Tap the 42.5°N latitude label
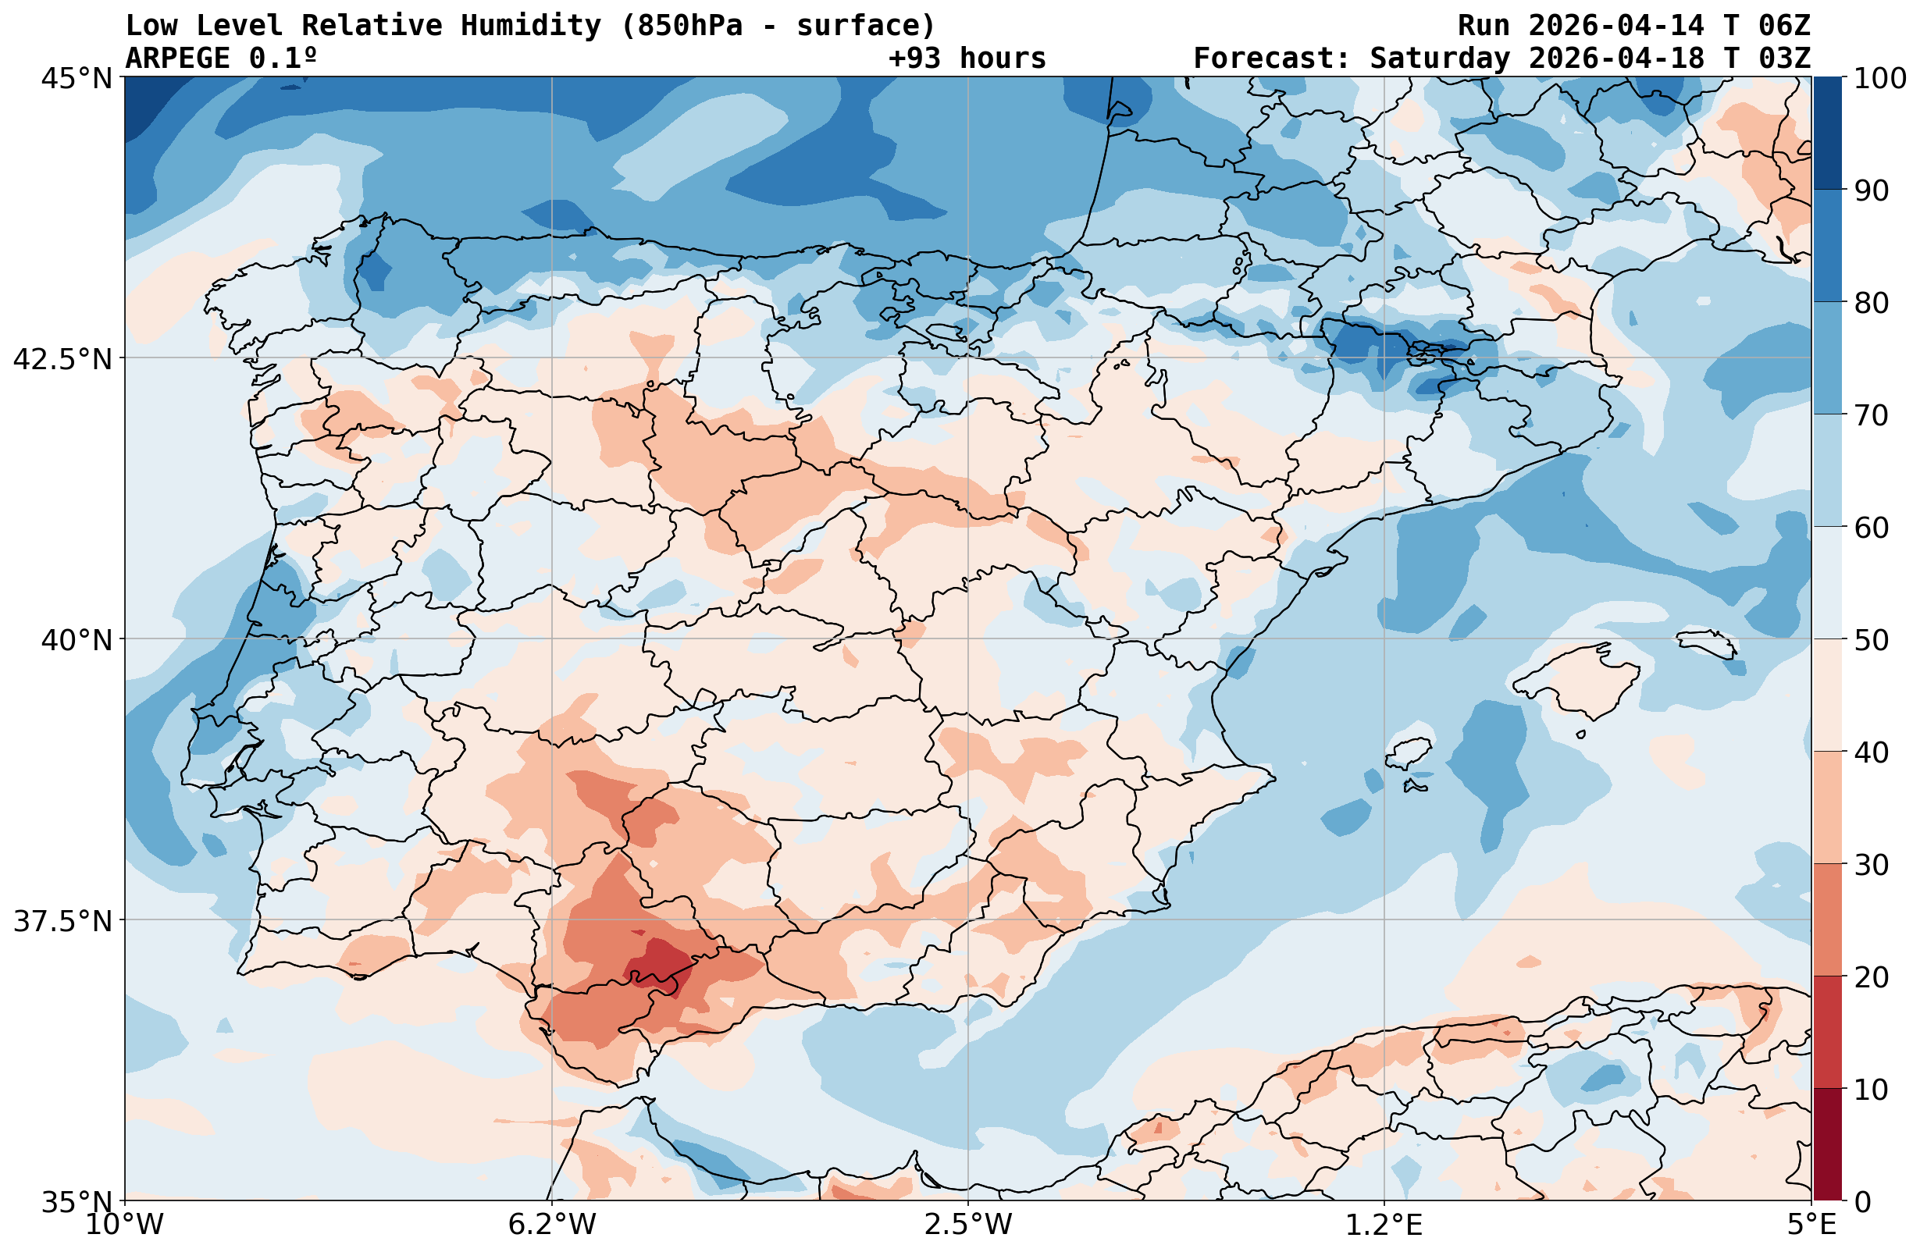pos(62,359)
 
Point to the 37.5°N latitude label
pos(62,920)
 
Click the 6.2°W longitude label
pos(552,1224)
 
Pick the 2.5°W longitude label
pos(968,1224)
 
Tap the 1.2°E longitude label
pos(1384,1224)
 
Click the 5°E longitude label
pos(1811,1224)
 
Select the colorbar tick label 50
pos(1871,641)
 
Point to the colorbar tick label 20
pos(1871,977)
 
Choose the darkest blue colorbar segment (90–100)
pos(1827,133)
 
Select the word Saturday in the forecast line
pos(1439,58)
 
